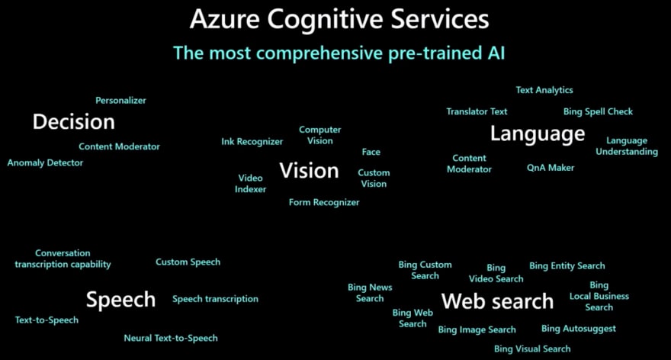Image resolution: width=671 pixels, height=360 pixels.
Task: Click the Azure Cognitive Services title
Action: coord(339,18)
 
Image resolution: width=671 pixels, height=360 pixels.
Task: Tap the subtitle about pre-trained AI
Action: coord(339,53)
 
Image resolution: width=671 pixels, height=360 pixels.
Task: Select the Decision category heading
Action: coord(73,121)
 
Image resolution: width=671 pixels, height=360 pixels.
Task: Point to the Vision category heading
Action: coord(309,170)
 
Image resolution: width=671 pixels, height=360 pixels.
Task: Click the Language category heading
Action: coord(538,134)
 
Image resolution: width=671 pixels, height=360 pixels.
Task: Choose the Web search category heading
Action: coord(497,301)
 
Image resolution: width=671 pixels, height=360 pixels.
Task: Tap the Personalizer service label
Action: coord(120,100)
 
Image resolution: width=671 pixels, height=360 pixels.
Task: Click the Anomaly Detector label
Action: coord(45,162)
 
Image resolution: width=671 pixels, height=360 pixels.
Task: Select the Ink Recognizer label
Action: coord(252,141)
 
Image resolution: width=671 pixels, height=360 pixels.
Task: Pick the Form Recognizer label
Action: coord(324,202)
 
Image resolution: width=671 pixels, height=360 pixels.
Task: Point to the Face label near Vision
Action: coord(371,152)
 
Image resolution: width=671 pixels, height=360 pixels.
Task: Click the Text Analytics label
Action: coord(544,90)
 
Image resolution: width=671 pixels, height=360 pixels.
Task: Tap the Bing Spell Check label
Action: coord(598,111)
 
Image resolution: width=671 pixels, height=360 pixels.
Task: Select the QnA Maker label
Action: coord(551,167)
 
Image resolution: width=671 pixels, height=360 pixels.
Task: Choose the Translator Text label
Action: coord(477,111)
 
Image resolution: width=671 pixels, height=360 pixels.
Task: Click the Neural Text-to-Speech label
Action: coord(171,338)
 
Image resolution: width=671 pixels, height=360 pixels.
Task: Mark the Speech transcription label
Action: coord(215,299)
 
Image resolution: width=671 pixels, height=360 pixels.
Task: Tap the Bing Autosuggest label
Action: coord(579,329)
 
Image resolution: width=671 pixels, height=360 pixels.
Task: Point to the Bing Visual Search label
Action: coord(532,349)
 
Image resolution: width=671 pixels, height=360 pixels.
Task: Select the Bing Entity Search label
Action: coord(567,265)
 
